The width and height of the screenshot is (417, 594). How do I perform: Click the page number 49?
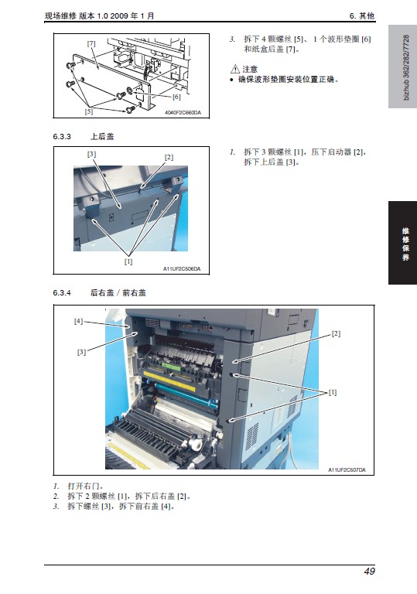coord(369,571)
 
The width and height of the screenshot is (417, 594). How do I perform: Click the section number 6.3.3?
coord(62,136)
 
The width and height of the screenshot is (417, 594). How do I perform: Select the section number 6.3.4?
coord(62,292)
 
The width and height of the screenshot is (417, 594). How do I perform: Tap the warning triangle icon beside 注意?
coord(235,69)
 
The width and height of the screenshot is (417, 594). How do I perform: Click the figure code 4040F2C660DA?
coord(183,112)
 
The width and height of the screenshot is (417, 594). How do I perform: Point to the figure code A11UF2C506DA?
coord(182,268)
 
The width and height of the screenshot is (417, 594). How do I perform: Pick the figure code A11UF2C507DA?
coord(347,469)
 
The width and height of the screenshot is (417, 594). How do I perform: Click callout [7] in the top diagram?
coord(91,43)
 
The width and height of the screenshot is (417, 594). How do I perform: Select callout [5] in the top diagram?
coord(89,111)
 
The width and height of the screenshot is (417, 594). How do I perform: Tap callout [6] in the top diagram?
coord(176,97)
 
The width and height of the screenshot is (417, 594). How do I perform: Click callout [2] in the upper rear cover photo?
coord(169,157)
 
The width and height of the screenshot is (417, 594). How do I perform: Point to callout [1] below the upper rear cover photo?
coord(128,261)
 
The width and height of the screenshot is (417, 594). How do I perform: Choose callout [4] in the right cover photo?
coord(78,321)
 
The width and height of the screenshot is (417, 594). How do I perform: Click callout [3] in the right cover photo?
coord(81,352)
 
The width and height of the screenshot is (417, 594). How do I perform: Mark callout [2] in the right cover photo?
coord(336,333)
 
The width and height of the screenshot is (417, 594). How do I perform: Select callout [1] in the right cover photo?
coord(333,392)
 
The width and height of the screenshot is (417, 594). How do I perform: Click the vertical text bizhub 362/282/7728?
coord(406,67)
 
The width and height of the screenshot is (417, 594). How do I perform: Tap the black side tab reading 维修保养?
coord(402,243)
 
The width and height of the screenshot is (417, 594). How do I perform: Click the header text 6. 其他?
coord(361,15)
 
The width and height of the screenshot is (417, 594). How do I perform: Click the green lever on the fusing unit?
coord(172,367)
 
